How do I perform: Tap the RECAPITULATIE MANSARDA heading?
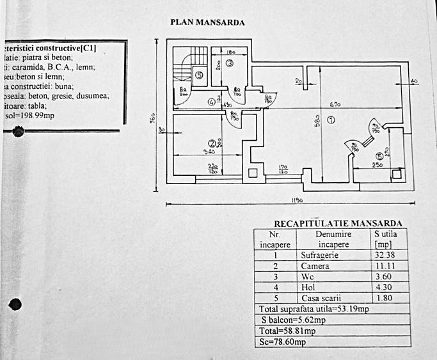point(338,223)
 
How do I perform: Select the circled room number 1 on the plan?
point(331,120)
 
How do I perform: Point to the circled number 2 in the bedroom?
point(211,143)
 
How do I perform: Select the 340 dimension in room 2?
point(209,152)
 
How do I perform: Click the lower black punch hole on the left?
point(16,304)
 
